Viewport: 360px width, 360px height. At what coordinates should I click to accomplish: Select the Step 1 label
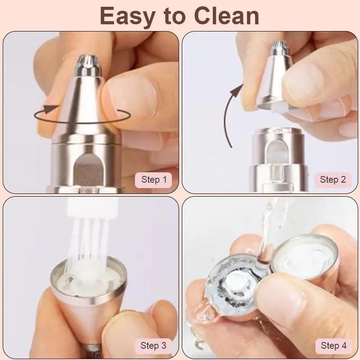[154, 180]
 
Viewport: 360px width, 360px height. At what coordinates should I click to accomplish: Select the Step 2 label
[333, 180]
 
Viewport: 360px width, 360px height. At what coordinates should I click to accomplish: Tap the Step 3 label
[153, 346]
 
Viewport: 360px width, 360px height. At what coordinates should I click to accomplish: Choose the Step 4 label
[333, 346]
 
